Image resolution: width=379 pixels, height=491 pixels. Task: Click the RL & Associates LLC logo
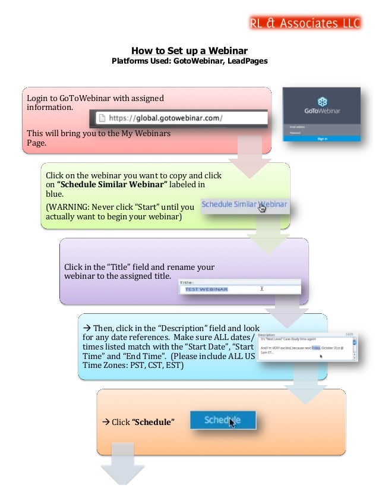[305, 23]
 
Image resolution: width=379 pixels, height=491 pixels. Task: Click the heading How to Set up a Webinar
[189, 51]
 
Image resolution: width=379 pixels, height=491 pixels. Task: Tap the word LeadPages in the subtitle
[248, 61]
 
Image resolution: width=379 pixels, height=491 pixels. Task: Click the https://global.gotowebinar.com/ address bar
[178, 118]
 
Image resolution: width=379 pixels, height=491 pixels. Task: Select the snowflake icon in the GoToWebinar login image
[321, 101]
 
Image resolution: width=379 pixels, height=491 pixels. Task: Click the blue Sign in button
[321, 139]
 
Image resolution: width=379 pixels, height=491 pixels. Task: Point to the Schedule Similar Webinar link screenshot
[244, 204]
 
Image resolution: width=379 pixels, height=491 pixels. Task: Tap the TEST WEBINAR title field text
[206, 289]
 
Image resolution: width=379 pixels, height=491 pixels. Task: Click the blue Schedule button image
[223, 420]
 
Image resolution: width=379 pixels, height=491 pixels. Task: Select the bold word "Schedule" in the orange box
[153, 422]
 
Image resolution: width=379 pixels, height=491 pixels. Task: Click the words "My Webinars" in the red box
[146, 133]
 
